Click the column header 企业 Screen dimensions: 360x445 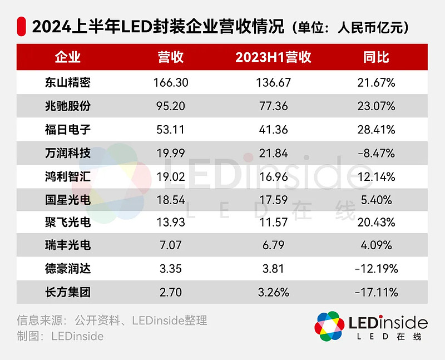click(67, 57)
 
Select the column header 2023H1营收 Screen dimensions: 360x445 click(273, 57)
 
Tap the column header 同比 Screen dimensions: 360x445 click(376, 57)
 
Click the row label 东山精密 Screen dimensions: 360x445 click(67, 82)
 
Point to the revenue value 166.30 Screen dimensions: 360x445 click(171, 82)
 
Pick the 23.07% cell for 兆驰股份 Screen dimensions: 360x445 click(376, 106)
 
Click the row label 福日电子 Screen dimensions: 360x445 click(67, 130)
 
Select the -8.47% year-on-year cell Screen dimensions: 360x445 click(376, 154)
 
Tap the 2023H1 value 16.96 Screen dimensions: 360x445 click(273, 177)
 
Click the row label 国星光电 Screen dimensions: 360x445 click(67, 200)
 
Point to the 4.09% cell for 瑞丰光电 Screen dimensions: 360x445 click(376, 245)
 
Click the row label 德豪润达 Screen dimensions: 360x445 click(67, 269)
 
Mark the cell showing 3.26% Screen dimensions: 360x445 click(273, 292)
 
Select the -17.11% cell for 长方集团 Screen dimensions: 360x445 click(376, 292)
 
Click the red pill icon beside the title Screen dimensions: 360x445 click(22, 26)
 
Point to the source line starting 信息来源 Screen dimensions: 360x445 click(112, 320)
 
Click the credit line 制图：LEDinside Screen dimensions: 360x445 click(60, 336)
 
